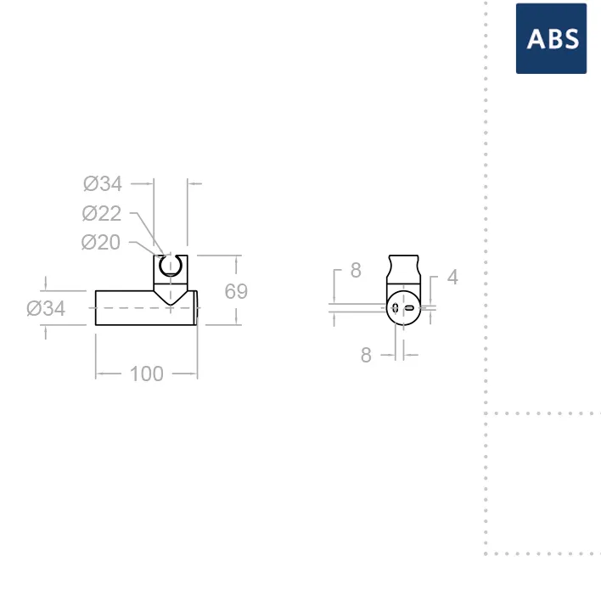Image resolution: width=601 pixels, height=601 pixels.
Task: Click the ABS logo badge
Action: pyautogui.click(x=551, y=38)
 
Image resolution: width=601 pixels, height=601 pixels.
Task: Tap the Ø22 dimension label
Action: pyautogui.click(x=102, y=214)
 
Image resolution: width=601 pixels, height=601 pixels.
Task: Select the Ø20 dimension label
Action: pyautogui.click(x=101, y=242)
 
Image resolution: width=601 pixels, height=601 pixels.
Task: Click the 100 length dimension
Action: pyautogui.click(x=146, y=374)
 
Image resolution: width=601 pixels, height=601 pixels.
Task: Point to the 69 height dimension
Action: pyautogui.click(x=236, y=291)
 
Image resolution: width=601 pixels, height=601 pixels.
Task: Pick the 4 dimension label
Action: pyautogui.click(x=452, y=277)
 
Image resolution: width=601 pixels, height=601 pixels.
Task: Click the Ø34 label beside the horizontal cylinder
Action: pyautogui.click(x=46, y=308)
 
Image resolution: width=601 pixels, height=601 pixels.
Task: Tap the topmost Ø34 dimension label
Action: pyautogui.click(x=103, y=183)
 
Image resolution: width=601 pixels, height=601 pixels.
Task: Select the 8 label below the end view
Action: pyautogui.click(x=366, y=355)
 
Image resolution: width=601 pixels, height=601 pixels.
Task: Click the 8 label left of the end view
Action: pyautogui.click(x=356, y=270)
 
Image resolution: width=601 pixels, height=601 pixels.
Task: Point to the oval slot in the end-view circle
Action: pyautogui.click(x=410, y=308)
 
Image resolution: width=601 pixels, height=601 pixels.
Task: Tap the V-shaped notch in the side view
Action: pyautogui.click(x=171, y=297)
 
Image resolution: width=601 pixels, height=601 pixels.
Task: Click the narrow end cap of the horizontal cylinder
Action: pyautogui.click(x=196, y=308)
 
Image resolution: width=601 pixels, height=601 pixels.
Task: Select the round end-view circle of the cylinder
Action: pyautogui.click(x=403, y=308)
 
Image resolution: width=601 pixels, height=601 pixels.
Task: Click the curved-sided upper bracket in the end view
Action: pyautogui.click(x=403, y=270)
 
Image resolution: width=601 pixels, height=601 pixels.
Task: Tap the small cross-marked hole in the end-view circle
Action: pyautogui.click(x=396, y=308)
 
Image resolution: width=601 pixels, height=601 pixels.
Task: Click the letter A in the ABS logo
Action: pyautogui.click(x=536, y=39)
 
